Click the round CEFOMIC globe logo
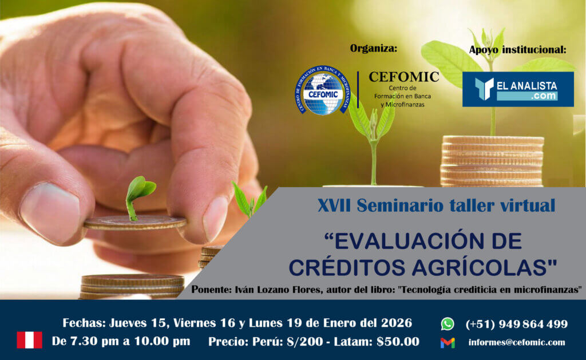[323, 90]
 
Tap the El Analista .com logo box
[518, 89]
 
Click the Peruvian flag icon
[30, 340]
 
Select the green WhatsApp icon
[448, 324]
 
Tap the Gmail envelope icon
[448, 342]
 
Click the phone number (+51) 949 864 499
[517, 324]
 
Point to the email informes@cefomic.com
[517, 342]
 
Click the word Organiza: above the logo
[373, 49]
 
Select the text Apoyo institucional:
[517, 50]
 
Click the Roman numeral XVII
[334, 205]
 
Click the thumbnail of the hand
[49, 212]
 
